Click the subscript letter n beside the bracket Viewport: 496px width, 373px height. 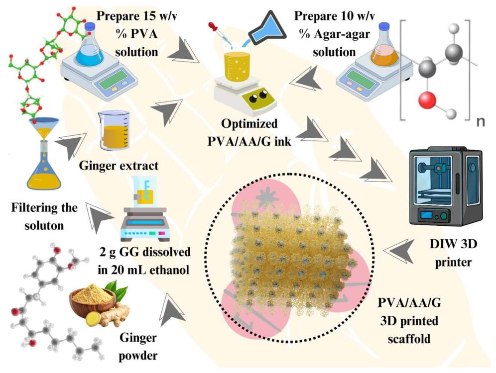tap(480, 122)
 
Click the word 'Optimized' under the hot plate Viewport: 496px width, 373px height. tap(249, 123)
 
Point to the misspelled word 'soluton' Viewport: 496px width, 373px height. tap(44, 225)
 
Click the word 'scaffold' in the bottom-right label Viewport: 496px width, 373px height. tap(409, 339)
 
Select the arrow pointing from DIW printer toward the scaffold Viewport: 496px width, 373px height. tap(399, 251)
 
